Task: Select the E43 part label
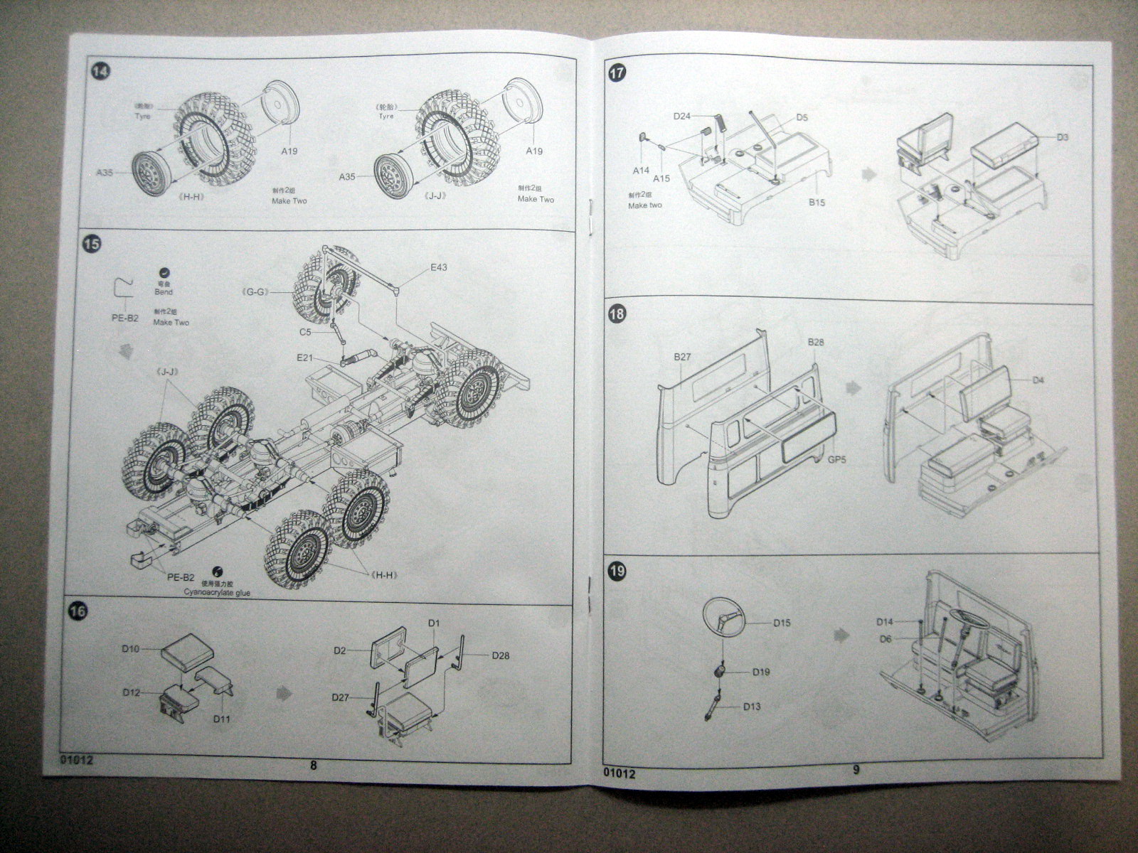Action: click(440, 268)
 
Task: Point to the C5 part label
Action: click(305, 331)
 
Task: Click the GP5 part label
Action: click(837, 460)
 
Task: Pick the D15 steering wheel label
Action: click(782, 623)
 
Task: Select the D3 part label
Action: click(1063, 136)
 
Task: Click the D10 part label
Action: click(130, 648)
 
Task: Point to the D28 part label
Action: click(501, 655)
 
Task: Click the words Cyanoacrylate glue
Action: click(218, 592)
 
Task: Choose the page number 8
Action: click(314, 765)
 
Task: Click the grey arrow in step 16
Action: click(283, 690)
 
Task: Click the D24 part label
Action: click(682, 116)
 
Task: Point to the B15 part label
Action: click(817, 203)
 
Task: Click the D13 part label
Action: click(752, 707)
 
